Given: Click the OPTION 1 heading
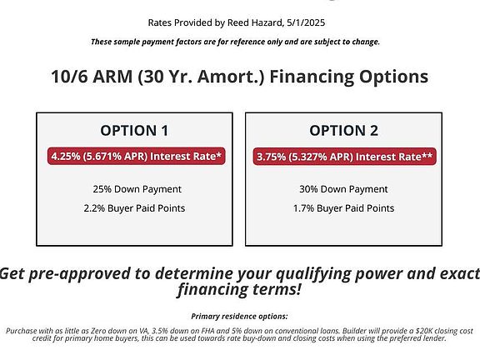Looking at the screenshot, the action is pos(134,131).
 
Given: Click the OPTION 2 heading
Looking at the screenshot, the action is pos(344,131).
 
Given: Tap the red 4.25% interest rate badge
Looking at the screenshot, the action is pos(136,156).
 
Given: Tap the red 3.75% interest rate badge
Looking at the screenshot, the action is pos(345,157).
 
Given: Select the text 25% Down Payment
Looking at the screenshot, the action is pos(137,189).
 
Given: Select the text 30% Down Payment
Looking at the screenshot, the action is pos(343,189).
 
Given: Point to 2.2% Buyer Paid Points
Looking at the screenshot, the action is pos(134,208).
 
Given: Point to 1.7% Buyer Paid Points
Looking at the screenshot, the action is pos(344,208).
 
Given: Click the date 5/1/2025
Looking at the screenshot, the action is pos(306,22).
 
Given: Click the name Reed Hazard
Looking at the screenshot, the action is pos(255,22).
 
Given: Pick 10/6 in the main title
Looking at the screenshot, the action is pos(69,76).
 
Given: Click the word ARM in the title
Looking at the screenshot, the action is pos(112,76).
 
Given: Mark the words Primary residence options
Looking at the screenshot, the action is pos(239,316).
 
